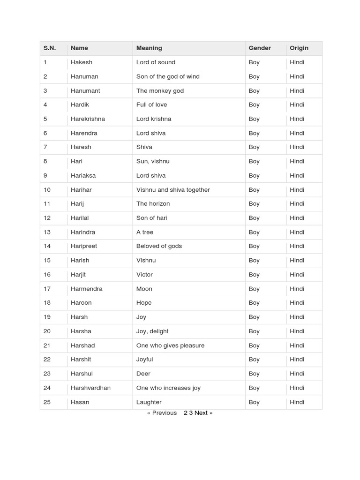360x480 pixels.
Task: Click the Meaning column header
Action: (149, 48)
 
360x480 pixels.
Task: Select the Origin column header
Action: (299, 48)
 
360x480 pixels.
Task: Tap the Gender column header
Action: (260, 48)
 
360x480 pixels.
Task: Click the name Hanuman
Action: (84, 76)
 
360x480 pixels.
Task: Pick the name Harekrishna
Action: (88, 119)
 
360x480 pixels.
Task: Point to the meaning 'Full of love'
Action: (151, 105)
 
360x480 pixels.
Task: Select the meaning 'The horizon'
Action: (153, 203)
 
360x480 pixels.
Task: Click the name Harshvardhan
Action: (90, 388)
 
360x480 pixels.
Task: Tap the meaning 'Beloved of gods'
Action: (159, 246)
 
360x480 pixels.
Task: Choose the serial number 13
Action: (47, 232)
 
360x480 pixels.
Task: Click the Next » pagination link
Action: (203, 413)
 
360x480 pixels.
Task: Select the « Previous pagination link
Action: (162, 413)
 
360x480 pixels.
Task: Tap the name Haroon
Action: (81, 303)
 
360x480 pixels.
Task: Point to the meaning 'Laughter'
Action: (149, 402)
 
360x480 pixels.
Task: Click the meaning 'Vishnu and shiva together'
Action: (173, 190)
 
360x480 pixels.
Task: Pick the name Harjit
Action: (78, 274)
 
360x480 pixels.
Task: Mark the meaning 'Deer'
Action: (143, 374)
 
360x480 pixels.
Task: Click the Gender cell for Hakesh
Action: (254, 62)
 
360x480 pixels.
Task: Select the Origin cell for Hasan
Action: (297, 402)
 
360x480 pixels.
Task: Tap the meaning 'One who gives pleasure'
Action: (170, 345)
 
